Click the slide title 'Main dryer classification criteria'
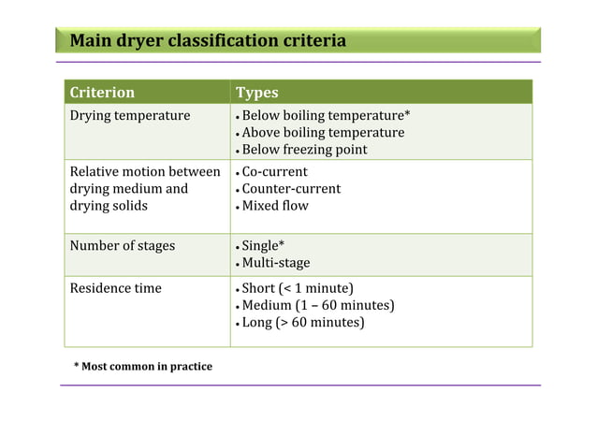point(208,41)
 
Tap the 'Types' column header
point(256,93)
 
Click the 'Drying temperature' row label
point(130,116)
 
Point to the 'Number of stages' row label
point(123,246)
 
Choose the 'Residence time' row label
point(116,288)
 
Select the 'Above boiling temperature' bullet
point(323,133)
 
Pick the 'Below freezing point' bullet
point(304,150)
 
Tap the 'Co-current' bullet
point(274,172)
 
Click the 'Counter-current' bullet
point(291,189)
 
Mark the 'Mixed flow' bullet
point(275,206)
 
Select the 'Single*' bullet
point(263,246)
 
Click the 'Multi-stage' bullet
point(276,263)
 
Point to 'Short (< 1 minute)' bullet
point(297,288)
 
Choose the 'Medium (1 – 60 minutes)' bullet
point(317,305)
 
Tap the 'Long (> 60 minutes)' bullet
point(302,323)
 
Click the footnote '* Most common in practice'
point(142,366)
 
